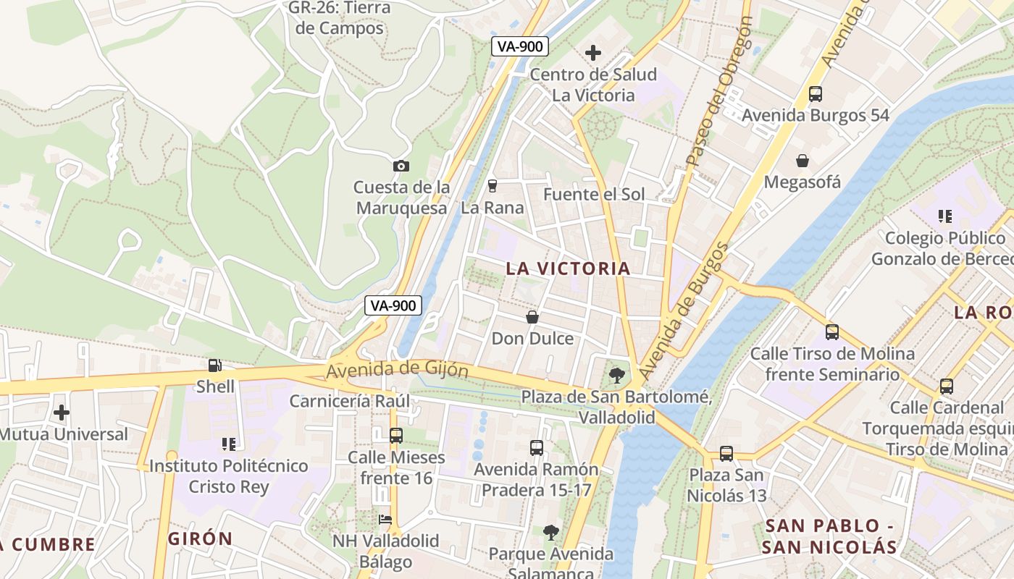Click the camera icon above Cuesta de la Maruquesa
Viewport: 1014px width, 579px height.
click(x=401, y=166)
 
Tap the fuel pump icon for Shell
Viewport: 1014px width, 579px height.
click(x=214, y=365)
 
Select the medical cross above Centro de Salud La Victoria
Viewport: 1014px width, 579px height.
click(x=593, y=53)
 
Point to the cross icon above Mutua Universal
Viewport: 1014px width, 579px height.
click(x=62, y=413)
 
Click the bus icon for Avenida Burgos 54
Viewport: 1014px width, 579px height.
click(x=816, y=94)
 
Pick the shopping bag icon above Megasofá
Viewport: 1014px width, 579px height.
click(x=803, y=161)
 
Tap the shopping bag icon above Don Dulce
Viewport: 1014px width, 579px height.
click(x=532, y=317)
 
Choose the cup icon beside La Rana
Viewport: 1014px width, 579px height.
click(x=493, y=186)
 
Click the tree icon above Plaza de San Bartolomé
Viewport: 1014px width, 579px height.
click(x=616, y=375)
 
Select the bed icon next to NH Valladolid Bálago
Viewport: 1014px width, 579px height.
click(x=385, y=519)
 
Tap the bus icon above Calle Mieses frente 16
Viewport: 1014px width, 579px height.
click(x=395, y=436)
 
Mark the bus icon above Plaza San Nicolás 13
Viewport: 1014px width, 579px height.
click(x=726, y=454)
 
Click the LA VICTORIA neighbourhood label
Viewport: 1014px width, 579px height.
click(x=568, y=269)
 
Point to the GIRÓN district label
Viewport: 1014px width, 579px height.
click(x=201, y=538)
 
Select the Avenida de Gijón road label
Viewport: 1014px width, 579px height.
click(x=397, y=370)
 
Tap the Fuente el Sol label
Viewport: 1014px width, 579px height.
click(x=594, y=194)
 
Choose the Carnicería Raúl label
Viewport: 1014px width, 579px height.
click(x=350, y=401)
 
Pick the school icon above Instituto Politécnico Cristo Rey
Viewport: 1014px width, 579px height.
click(x=229, y=444)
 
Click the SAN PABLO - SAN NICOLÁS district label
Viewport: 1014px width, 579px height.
click(x=829, y=536)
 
